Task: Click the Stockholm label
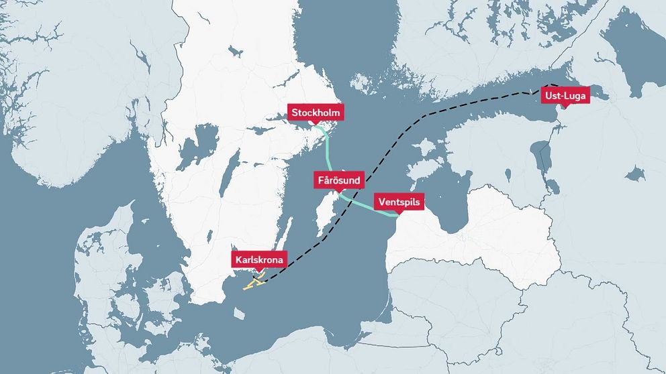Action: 316,113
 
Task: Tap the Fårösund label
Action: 340,180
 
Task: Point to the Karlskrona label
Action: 260,260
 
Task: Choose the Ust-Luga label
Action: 565,96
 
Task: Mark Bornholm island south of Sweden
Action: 240,312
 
